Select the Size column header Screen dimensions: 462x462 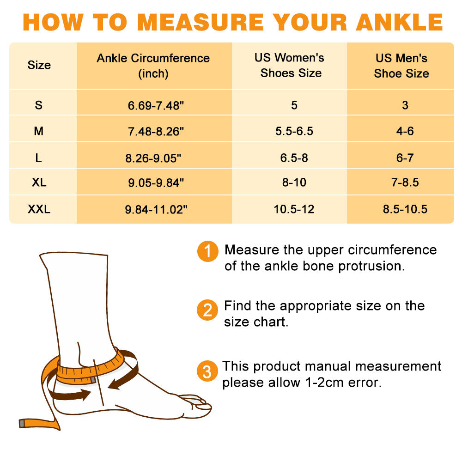[x=39, y=65]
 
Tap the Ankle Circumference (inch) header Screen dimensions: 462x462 [x=153, y=66]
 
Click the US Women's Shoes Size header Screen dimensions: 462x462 [x=290, y=66]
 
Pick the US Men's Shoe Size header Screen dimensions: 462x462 [x=401, y=66]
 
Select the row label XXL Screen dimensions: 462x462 [x=39, y=209]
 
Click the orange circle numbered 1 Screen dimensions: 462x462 [x=207, y=252]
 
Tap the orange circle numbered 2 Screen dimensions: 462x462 [x=207, y=310]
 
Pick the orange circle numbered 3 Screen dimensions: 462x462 [x=207, y=371]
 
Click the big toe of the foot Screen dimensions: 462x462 [x=196, y=400]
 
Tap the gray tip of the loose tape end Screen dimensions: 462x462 [x=22, y=423]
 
